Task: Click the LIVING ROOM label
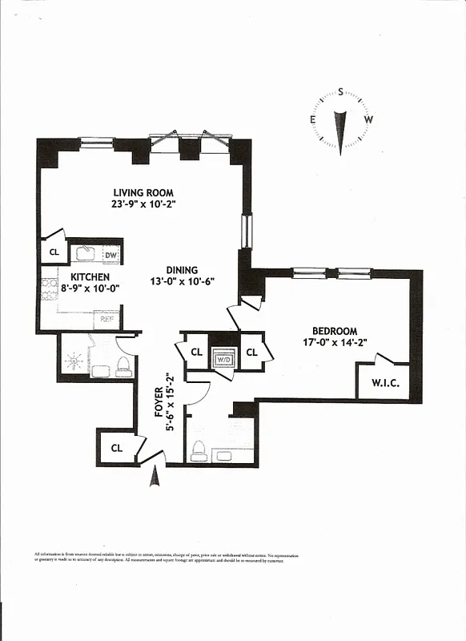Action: [x=143, y=192]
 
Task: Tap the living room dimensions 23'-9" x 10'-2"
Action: [x=143, y=204]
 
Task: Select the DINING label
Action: [x=182, y=270]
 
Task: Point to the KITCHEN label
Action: [x=90, y=276]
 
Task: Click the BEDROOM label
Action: [x=335, y=331]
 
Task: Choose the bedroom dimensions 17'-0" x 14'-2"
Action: [x=335, y=343]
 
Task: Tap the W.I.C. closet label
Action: [x=384, y=383]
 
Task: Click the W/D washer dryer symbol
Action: [x=223, y=358]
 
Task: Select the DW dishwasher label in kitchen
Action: [x=111, y=256]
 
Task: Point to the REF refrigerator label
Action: [x=106, y=320]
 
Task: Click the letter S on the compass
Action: [x=341, y=92]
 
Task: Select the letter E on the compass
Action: [x=312, y=119]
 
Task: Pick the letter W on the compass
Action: [x=368, y=119]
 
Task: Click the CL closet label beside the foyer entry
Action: [x=116, y=448]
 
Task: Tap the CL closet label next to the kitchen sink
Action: [x=54, y=252]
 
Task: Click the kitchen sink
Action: [x=86, y=253]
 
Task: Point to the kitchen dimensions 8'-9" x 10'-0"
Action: [x=90, y=288]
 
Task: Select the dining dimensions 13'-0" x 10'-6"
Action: [x=182, y=282]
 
